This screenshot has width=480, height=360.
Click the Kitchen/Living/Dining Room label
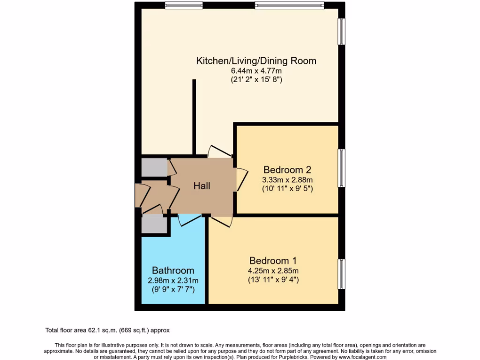(256, 61)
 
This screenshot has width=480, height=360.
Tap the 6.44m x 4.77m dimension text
(256, 71)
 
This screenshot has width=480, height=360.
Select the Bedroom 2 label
(287, 170)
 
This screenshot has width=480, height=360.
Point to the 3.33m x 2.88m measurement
(287, 180)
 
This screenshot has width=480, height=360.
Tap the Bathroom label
(173, 270)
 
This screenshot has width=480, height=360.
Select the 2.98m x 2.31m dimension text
(173, 280)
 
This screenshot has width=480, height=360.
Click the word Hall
(202, 186)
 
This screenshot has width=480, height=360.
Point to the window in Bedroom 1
(342, 274)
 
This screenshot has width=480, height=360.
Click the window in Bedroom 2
(342, 168)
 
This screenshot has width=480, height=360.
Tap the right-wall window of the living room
(342, 32)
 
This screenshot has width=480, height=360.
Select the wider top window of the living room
(289, 6)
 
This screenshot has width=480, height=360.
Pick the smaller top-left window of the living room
(180, 6)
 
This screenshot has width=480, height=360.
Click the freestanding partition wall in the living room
(193, 117)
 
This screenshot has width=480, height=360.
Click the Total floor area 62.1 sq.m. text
(111, 330)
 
